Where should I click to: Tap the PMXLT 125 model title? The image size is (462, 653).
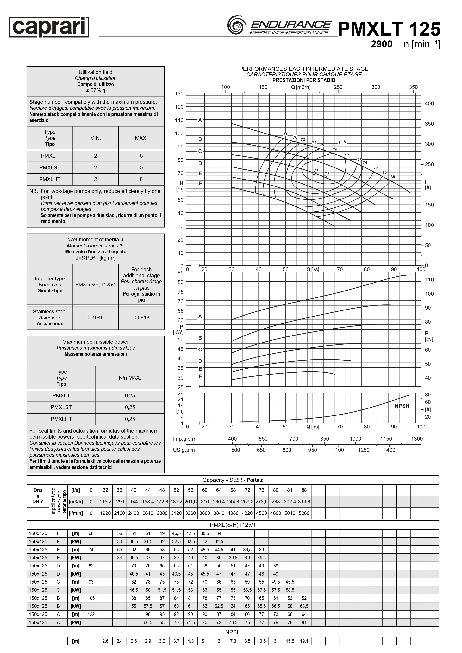pyautogui.click(x=389, y=29)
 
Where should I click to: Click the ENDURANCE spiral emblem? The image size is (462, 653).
pyautogui.click(x=236, y=25)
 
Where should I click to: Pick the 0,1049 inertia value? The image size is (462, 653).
pyautogui.click(x=96, y=317)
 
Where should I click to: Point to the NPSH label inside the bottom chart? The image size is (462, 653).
pyautogui.click(x=402, y=406)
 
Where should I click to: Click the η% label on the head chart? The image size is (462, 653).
pyautogui.click(x=342, y=142)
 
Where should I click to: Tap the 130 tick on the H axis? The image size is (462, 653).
pyautogui.click(x=179, y=94)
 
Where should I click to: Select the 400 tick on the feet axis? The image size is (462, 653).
pyautogui.click(x=429, y=104)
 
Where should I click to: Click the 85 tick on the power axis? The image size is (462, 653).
pyautogui.click(x=180, y=272)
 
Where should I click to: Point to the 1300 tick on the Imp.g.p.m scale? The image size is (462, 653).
pyautogui.click(x=417, y=439)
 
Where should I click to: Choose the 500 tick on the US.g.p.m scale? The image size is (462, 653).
pyautogui.click(x=235, y=450)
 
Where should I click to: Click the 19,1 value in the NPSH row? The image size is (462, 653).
pyautogui.click(x=304, y=641)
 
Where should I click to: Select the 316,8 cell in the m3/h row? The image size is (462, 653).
pyautogui.click(x=304, y=501)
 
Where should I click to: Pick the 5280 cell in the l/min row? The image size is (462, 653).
pyautogui.click(x=304, y=513)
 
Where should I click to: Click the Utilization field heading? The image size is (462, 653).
pyautogui.click(x=96, y=72)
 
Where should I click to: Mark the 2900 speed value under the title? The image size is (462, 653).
pyautogui.click(x=382, y=44)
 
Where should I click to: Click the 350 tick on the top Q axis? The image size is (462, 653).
pyautogui.click(x=413, y=87)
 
